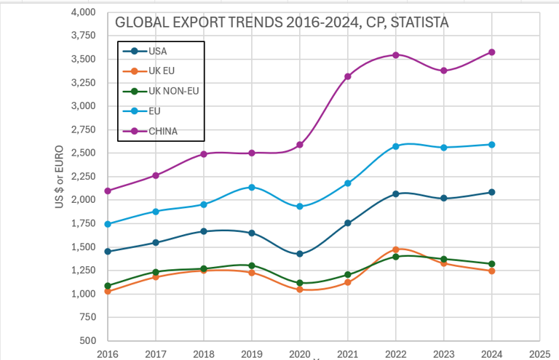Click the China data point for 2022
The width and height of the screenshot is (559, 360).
(396, 55)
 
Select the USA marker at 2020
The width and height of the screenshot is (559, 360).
(300, 254)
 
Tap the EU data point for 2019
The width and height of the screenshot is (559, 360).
(252, 187)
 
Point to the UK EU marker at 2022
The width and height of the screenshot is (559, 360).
(396, 249)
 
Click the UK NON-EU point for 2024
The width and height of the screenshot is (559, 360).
(492, 264)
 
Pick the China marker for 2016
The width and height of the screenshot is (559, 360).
(108, 191)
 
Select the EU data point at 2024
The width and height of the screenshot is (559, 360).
(492, 145)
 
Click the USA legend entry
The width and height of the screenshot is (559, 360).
(157, 51)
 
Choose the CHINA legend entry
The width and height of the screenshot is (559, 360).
(163, 132)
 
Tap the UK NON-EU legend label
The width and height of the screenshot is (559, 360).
(173, 91)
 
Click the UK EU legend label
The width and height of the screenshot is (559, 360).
(162, 71)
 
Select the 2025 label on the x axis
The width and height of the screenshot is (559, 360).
(540, 353)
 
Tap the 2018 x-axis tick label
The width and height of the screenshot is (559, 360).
(204, 353)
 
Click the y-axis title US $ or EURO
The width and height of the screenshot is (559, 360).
(60, 178)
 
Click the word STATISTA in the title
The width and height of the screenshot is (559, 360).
(419, 23)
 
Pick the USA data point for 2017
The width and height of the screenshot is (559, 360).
(156, 242)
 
